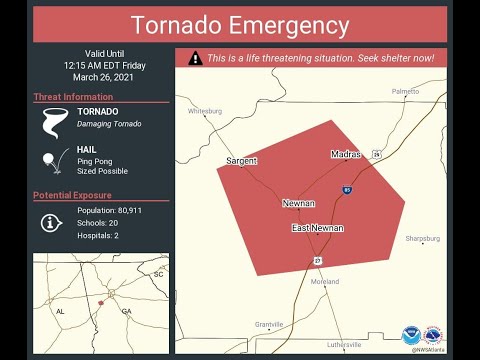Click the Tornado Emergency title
click(x=240, y=25)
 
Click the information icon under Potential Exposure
click(x=51, y=222)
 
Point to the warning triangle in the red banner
click(x=195, y=58)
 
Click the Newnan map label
click(x=298, y=203)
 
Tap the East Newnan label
click(x=318, y=228)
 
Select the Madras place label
click(x=347, y=154)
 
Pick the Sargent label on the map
click(x=241, y=160)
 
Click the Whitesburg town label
click(x=204, y=111)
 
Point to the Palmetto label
click(x=405, y=91)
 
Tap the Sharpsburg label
click(x=422, y=239)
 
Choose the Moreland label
click(x=324, y=282)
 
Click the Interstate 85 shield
click(x=346, y=188)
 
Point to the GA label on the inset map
click(x=126, y=311)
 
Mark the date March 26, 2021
click(x=100, y=77)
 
